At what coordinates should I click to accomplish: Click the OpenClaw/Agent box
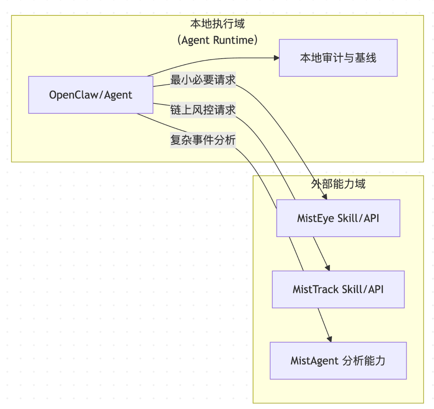[x=90, y=95]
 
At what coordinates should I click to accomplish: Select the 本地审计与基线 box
[x=338, y=58]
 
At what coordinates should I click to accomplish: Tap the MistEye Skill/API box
[x=338, y=218]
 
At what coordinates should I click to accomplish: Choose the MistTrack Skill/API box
[x=338, y=289]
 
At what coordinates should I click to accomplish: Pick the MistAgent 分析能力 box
[x=338, y=360]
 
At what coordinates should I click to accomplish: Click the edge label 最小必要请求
[x=203, y=80]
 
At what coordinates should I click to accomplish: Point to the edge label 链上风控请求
[x=203, y=110]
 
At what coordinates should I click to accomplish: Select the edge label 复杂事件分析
[x=203, y=140]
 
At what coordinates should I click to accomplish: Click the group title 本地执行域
[x=217, y=24]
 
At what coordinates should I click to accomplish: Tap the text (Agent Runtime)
[x=217, y=40]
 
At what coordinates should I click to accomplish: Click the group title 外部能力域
[x=338, y=184]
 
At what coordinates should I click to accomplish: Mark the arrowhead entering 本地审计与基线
[x=276, y=58]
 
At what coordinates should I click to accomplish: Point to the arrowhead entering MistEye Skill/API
[x=325, y=196]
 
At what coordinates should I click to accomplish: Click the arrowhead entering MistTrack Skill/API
[x=328, y=268]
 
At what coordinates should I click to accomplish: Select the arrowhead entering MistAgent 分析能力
[x=330, y=339]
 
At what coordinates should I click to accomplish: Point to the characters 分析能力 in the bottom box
[x=364, y=360]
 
